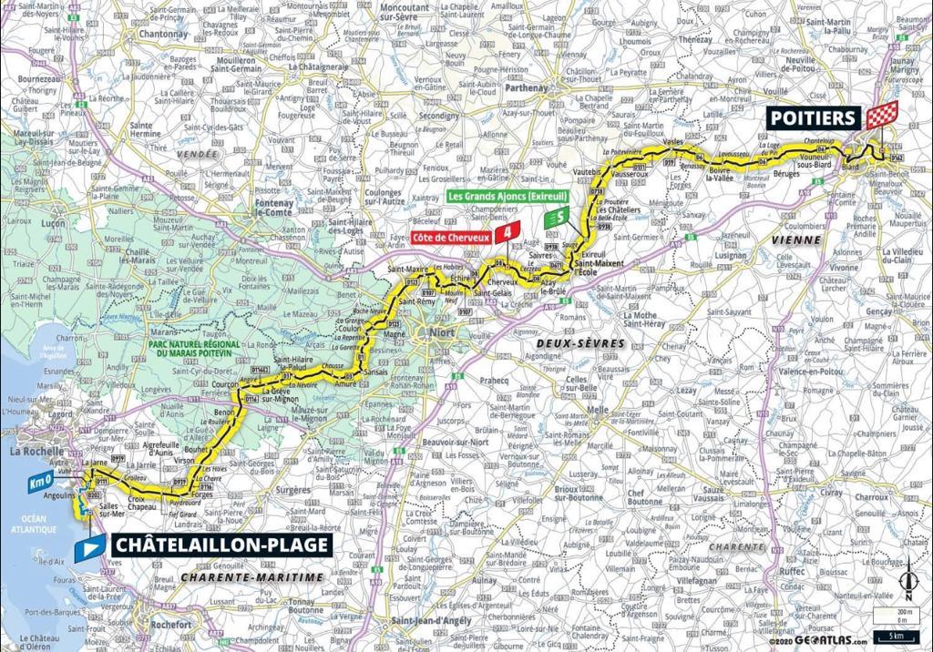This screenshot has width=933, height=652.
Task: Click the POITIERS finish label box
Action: pyautogui.click(x=813, y=117)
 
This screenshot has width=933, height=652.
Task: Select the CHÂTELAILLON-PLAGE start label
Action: pyautogui.click(x=220, y=545)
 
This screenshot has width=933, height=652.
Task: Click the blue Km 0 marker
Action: pyautogui.click(x=38, y=482)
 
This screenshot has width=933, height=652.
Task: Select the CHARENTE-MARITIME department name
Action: pyautogui.click(x=251, y=577)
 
